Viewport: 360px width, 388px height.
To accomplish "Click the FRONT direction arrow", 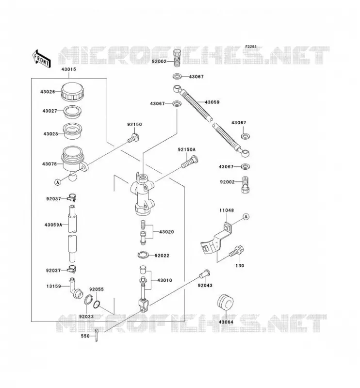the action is [x=41, y=59].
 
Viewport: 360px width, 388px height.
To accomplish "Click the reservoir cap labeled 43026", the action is [x=73, y=92].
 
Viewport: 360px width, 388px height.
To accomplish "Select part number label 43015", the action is [x=68, y=69].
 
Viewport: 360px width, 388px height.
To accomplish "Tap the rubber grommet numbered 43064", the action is [x=225, y=302].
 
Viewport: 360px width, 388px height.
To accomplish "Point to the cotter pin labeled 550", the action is [x=97, y=335].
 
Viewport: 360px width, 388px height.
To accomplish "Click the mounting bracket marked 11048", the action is [x=217, y=238].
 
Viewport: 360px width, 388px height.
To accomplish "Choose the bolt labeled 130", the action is [x=236, y=251].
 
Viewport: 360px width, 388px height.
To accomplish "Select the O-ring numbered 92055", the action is [x=97, y=305].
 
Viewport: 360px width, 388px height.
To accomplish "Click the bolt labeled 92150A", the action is [x=190, y=162].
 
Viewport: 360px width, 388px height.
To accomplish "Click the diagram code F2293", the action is [x=251, y=47].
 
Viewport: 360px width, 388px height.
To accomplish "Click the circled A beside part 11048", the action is [x=246, y=217].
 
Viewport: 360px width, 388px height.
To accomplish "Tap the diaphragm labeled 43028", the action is [x=73, y=131].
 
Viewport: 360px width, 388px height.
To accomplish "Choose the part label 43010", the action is [x=164, y=280].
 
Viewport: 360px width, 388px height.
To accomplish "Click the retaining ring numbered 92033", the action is [x=88, y=300].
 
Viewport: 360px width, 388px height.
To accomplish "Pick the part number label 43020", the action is [x=166, y=232].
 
